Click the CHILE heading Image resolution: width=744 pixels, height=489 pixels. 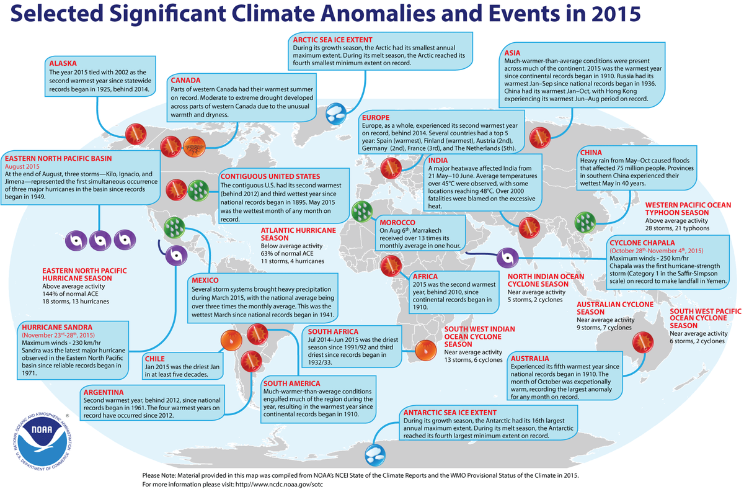coord(155,358)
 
